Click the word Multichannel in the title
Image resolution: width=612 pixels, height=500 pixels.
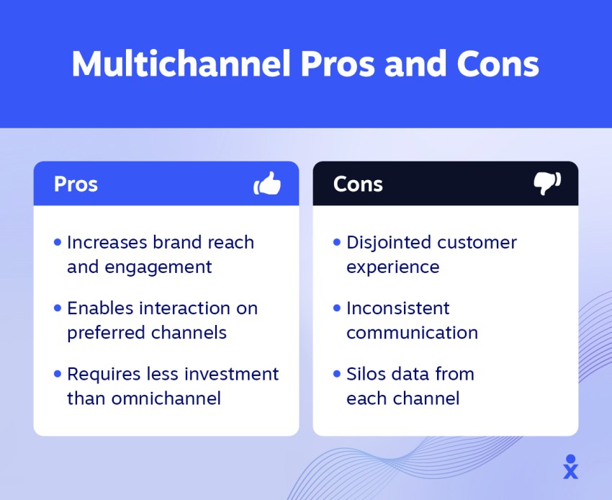click(181, 63)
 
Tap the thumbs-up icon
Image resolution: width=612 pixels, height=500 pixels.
click(267, 183)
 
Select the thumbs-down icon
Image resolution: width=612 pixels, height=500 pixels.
click(547, 183)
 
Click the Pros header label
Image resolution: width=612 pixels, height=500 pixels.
click(76, 184)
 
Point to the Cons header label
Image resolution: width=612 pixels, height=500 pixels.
click(358, 184)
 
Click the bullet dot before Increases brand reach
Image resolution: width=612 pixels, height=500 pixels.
click(58, 243)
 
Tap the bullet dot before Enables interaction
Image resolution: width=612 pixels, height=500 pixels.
click(58, 308)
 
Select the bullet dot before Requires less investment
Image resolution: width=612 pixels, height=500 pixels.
click(58, 374)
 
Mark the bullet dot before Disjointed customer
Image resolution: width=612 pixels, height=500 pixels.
click(337, 243)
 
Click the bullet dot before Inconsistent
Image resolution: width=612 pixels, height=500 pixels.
click(337, 308)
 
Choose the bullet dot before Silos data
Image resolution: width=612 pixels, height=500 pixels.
click(337, 374)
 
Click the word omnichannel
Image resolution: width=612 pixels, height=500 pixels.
click(166, 398)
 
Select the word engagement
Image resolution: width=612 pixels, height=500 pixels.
click(158, 268)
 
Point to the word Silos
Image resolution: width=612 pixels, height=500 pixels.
click(366, 374)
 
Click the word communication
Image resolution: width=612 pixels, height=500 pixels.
click(412, 333)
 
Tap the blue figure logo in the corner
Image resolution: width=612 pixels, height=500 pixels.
click(571, 467)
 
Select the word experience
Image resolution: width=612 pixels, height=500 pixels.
click(392, 268)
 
